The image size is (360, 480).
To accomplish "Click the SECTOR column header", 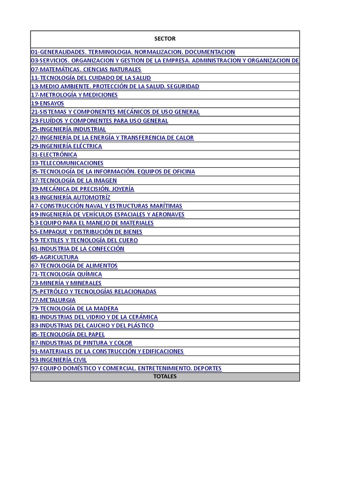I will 165,39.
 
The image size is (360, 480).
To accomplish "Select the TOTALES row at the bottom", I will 165,376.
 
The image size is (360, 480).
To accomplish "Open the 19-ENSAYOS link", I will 47,104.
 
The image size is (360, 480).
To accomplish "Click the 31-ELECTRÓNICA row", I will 54,155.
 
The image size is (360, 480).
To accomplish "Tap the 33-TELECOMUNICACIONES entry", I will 67,163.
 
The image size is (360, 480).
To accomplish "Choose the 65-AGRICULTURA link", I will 54,257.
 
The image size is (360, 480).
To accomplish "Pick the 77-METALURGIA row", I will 53,300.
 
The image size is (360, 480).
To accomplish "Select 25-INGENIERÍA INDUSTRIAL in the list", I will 68,129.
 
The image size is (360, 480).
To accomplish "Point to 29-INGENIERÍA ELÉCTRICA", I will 66,146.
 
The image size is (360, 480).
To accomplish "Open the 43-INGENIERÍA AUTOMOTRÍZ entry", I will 70,197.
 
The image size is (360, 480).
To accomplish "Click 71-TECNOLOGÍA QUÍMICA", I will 66,274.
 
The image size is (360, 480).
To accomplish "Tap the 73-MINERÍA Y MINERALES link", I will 66,283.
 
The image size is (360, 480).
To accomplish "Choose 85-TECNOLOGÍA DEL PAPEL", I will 67,334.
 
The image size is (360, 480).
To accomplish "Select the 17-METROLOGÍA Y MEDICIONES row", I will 74,95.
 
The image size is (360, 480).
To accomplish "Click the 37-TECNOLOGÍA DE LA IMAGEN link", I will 74,180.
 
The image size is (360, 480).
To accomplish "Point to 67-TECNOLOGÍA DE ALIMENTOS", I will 74,266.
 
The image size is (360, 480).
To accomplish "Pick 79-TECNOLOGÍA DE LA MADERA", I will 75,308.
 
